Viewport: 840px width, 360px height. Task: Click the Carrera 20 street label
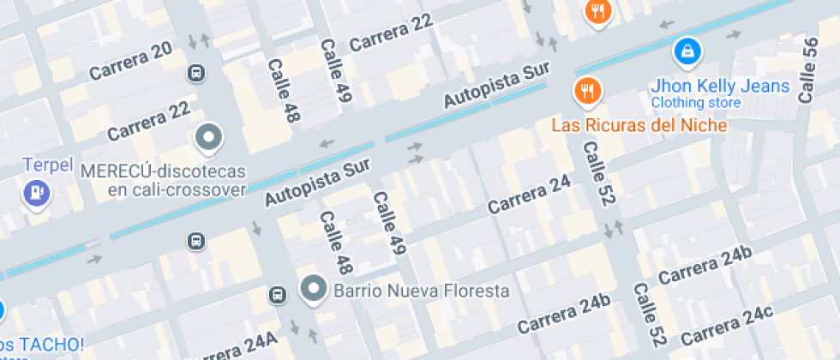coord(129,61)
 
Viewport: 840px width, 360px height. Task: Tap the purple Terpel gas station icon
coord(36,192)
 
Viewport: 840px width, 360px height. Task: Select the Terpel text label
coord(48,165)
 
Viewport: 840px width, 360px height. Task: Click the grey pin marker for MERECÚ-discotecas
coord(208,137)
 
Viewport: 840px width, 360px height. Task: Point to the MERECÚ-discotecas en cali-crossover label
coord(164,180)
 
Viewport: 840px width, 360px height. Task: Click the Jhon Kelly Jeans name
coord(720,86)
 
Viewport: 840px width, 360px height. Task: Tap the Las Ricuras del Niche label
coord(639,125)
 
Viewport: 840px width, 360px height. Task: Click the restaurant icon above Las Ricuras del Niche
coord(587,90)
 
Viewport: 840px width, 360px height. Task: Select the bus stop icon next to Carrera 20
coord(197,73)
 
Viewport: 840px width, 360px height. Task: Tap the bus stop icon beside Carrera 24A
coord(278,296)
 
